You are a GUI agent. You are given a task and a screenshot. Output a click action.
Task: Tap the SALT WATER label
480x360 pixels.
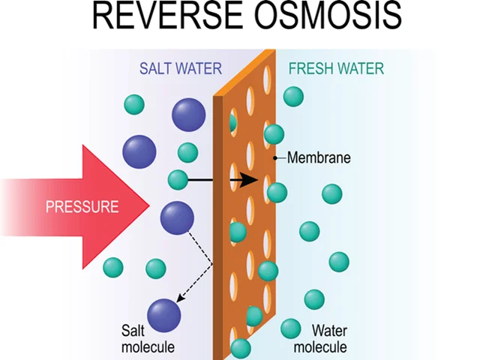coord(181,69)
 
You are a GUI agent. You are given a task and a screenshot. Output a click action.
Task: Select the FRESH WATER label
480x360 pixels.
coord(336,69)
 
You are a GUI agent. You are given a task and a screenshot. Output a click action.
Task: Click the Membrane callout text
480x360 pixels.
coord(319,158)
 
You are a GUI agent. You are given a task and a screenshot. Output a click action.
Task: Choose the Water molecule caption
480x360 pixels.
coord(320,338)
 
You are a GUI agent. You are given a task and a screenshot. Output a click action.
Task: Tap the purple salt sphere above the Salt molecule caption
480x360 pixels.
coord(164,313)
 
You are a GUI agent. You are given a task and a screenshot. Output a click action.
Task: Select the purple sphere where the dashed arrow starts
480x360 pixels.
coord(177,217)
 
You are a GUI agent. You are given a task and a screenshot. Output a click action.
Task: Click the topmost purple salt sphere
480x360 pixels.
coord(188,114)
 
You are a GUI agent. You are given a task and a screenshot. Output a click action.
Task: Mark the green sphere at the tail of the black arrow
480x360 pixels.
coord(178,180)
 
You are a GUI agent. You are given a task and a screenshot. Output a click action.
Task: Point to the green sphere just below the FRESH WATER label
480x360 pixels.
coord(294,96)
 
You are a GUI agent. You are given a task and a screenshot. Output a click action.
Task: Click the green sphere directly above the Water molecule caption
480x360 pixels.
coord(314,299)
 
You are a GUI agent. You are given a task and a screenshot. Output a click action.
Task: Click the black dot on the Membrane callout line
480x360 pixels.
coord(277,158)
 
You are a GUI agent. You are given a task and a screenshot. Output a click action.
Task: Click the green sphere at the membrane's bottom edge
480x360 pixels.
coord(241,348)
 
